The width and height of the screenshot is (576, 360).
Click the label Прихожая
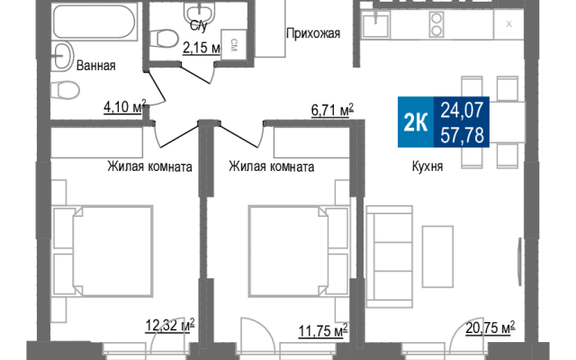coord(313,34)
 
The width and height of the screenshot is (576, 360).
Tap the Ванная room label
coord(96,66)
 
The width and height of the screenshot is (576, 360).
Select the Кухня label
coord(427,166)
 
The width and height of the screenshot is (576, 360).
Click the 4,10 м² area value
coord(125,107)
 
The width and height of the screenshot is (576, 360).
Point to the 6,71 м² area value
coord(332,110)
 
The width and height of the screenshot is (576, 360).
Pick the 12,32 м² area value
coord(170,325)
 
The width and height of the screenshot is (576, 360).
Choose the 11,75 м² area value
coord(323,330)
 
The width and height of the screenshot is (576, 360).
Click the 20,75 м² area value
coord(490,328)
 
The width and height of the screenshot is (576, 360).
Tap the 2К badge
coord(416,122)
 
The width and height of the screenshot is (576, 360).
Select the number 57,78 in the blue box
coord(462,135)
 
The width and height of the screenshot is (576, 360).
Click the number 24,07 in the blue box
coord(462,110)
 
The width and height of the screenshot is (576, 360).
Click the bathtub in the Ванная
coord(95,22)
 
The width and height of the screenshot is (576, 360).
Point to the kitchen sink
coord(375,24)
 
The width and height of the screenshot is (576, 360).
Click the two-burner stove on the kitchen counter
coord(436,24)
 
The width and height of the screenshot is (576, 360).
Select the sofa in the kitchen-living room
coord(390,256)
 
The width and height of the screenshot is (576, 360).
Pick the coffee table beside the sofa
coord(437,256)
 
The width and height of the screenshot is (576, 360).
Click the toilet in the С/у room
coord(165,38)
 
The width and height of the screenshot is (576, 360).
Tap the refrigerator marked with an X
coord(508,24)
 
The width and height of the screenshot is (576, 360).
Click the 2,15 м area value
coord(202,48)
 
